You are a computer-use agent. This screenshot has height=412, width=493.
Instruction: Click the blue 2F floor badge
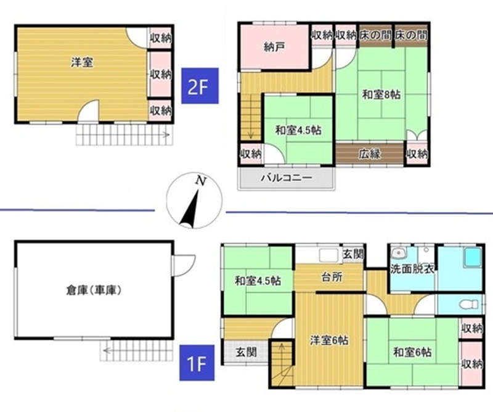pos(200,86)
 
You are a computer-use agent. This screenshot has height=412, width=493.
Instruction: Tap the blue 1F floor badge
pos(197,363)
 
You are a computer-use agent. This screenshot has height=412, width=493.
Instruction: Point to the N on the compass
pos(201,181)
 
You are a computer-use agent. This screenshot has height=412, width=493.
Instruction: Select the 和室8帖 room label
pos(381,94)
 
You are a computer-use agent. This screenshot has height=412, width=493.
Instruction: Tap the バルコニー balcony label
pos(287,178)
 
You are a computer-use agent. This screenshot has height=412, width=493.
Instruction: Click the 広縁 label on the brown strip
pos(370,154)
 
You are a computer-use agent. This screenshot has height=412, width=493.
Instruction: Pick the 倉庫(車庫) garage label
pos(94,290)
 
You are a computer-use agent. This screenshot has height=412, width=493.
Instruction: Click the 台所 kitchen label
pos(332,277)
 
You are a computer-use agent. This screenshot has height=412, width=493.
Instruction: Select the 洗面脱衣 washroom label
pos(412,269)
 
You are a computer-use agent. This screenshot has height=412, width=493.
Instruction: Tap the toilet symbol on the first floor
pos(468,305)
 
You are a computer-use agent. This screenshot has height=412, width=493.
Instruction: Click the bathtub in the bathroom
pos(473,257)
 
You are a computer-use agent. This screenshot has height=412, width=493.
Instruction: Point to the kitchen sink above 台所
pos(328,255)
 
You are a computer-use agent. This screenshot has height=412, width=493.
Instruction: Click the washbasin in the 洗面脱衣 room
pos(399,253)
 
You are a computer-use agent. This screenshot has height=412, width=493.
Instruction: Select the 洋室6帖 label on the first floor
pos(329,340)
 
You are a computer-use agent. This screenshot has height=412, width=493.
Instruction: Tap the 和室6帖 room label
pos(412,352)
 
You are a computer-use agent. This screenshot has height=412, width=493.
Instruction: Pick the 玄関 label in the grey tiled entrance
pos(246,352)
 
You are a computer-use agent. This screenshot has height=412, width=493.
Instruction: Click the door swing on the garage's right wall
pos(184,266)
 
